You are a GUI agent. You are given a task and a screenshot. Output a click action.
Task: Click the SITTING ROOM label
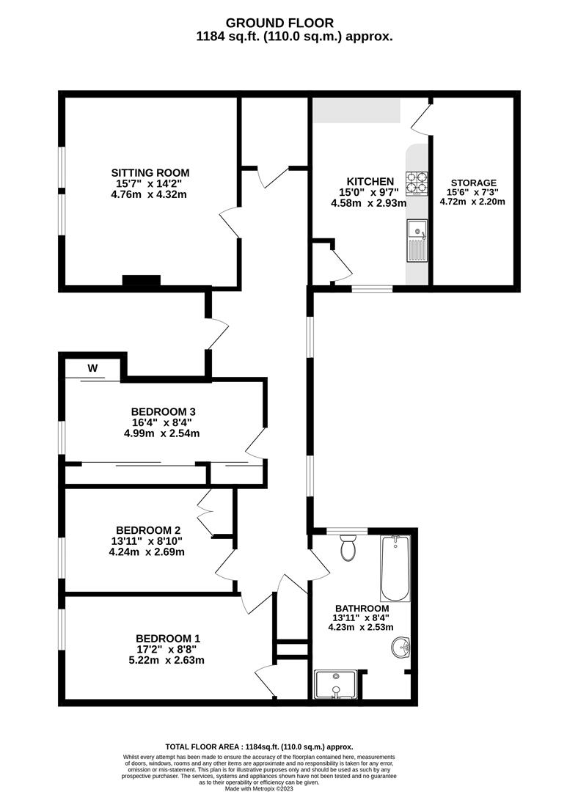click(150, 173)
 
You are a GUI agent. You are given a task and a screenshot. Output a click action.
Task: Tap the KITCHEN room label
click(370, 181)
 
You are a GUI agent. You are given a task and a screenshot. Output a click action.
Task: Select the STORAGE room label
click(473, 183)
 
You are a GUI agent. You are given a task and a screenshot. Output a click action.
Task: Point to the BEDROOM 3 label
click(163, 411)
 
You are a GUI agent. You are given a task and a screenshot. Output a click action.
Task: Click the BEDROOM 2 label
click(148, 530)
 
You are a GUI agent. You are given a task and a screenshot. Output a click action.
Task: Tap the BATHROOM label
click(362, 609)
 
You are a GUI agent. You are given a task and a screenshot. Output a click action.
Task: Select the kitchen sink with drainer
click(417, 241)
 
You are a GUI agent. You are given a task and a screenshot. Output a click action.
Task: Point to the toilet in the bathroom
click(348, 548)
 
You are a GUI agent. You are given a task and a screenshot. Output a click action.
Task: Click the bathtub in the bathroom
click(395, 568)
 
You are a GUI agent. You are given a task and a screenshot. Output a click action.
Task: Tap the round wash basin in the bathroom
click(401, 647)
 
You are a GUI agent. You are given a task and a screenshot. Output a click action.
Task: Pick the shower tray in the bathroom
click(336, 684)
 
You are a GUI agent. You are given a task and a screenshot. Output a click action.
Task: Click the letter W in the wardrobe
click(92, 368)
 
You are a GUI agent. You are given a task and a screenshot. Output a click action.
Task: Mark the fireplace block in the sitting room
click(142, 280)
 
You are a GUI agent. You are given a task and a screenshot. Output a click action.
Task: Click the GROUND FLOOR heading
click(279, 23)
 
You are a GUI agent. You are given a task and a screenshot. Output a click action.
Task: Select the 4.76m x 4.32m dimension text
click(149, 194)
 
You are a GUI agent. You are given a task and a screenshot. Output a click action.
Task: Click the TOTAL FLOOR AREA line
click(259, 747)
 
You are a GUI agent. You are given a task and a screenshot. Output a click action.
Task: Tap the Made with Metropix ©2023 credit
click(259, 788)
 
